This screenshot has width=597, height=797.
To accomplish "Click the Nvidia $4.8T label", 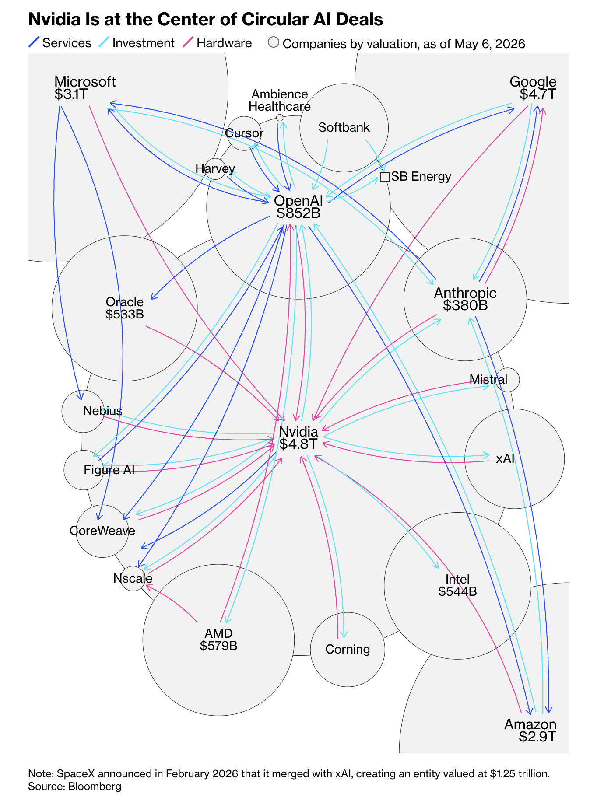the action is coord(298,437).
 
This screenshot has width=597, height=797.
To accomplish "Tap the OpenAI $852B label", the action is coord(298,206).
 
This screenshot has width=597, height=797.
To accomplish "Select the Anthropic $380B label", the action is coord(465,299).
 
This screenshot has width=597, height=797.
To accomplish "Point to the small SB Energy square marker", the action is coord(385,177).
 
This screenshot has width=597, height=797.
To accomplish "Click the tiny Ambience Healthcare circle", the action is coord(280,118).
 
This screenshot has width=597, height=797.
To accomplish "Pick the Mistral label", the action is coord(488,379).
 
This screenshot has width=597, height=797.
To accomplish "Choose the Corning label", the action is coord(348,649).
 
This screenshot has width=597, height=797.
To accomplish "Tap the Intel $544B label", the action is coord(457,585).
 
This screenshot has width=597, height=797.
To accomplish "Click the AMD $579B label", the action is coord(218,640).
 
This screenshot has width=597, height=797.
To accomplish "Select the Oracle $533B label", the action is coord(125,308).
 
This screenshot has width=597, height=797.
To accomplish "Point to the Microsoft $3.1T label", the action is coord(85,87).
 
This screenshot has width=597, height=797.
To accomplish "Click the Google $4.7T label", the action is coord(533,87).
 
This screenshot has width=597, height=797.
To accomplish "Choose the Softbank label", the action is coord(344,127).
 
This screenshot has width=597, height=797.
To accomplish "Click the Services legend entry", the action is coord(60,43).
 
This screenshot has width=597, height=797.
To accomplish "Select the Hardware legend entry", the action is coord(217,43).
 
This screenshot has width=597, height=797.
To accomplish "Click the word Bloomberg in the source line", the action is coord(95,786).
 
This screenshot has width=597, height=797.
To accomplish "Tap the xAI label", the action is coord(506,458).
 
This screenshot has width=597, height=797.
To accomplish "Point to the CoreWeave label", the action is coord(102,531).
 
